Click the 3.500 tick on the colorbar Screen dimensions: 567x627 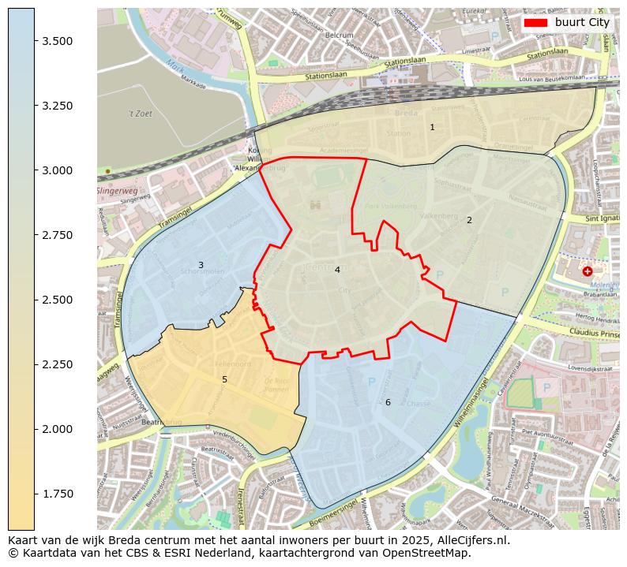tap(35, 41)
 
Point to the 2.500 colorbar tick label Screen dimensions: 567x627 tap(58, 300)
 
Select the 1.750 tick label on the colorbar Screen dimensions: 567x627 tap(58, 494)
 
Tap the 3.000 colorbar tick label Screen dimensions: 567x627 tap(58, 170)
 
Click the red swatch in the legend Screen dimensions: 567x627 tap(535, 23)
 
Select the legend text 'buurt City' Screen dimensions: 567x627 tap(582, 23)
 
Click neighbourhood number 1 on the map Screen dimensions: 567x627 tap(432, 127)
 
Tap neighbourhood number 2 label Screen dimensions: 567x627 tap(469, 220)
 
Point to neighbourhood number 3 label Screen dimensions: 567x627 tap(201, 265)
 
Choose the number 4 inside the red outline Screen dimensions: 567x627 tap(337, 270)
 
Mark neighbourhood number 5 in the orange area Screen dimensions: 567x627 tap(224, 379)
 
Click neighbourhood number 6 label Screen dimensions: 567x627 tap(388, 402)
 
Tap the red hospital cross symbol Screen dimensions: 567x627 tap(587, 271)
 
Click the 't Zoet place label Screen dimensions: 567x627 tap(141, 114)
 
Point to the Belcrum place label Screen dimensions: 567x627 tap(340, 35)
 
